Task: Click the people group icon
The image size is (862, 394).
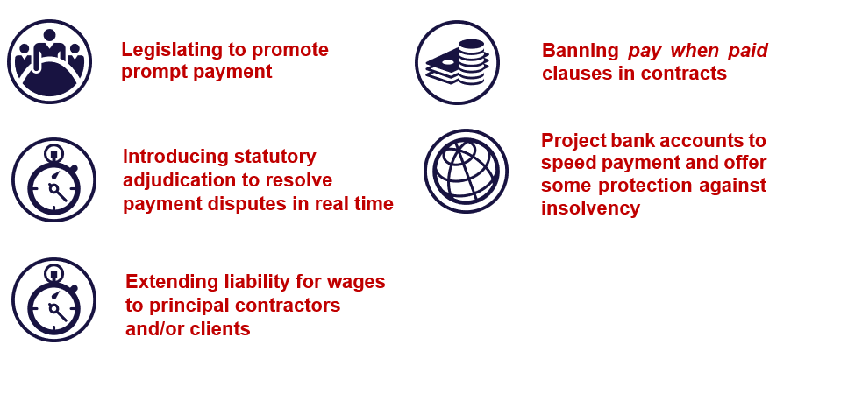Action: (x=49, y=61)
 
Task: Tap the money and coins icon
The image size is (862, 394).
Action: (x=458, y=62)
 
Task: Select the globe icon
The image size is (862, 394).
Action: (x=467, y=172)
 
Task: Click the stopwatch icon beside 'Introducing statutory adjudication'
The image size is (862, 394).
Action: (x=53, y=180)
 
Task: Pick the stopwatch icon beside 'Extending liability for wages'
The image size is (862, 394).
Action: (x=53, y=300)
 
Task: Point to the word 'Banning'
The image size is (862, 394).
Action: (x=580, y=51)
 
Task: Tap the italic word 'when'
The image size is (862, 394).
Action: (x=695, y=51)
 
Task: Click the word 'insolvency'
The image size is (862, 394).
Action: (x=590, y=208)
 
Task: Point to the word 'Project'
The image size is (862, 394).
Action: (x=573, y=141)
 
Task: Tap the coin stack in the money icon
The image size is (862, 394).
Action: (x=471, y=61)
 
